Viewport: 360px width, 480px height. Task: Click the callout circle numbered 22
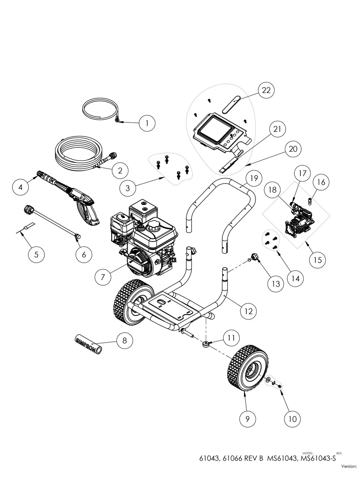pyautogui.click(x=266, y=90)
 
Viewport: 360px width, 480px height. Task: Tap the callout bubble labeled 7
pyautogui.click(x=103, y=277)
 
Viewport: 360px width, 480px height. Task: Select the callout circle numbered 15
pyautogui.click(x=317, y=260)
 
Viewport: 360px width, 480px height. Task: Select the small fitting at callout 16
pyautogui.click(x=310, y=200)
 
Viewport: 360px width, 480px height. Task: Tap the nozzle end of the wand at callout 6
pyautogui.click(x=77, y=236)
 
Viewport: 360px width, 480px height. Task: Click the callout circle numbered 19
pyautogui.click(x=254, y=178)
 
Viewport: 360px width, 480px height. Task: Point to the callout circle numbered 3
pyautogui.click(x=128, y=188)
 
